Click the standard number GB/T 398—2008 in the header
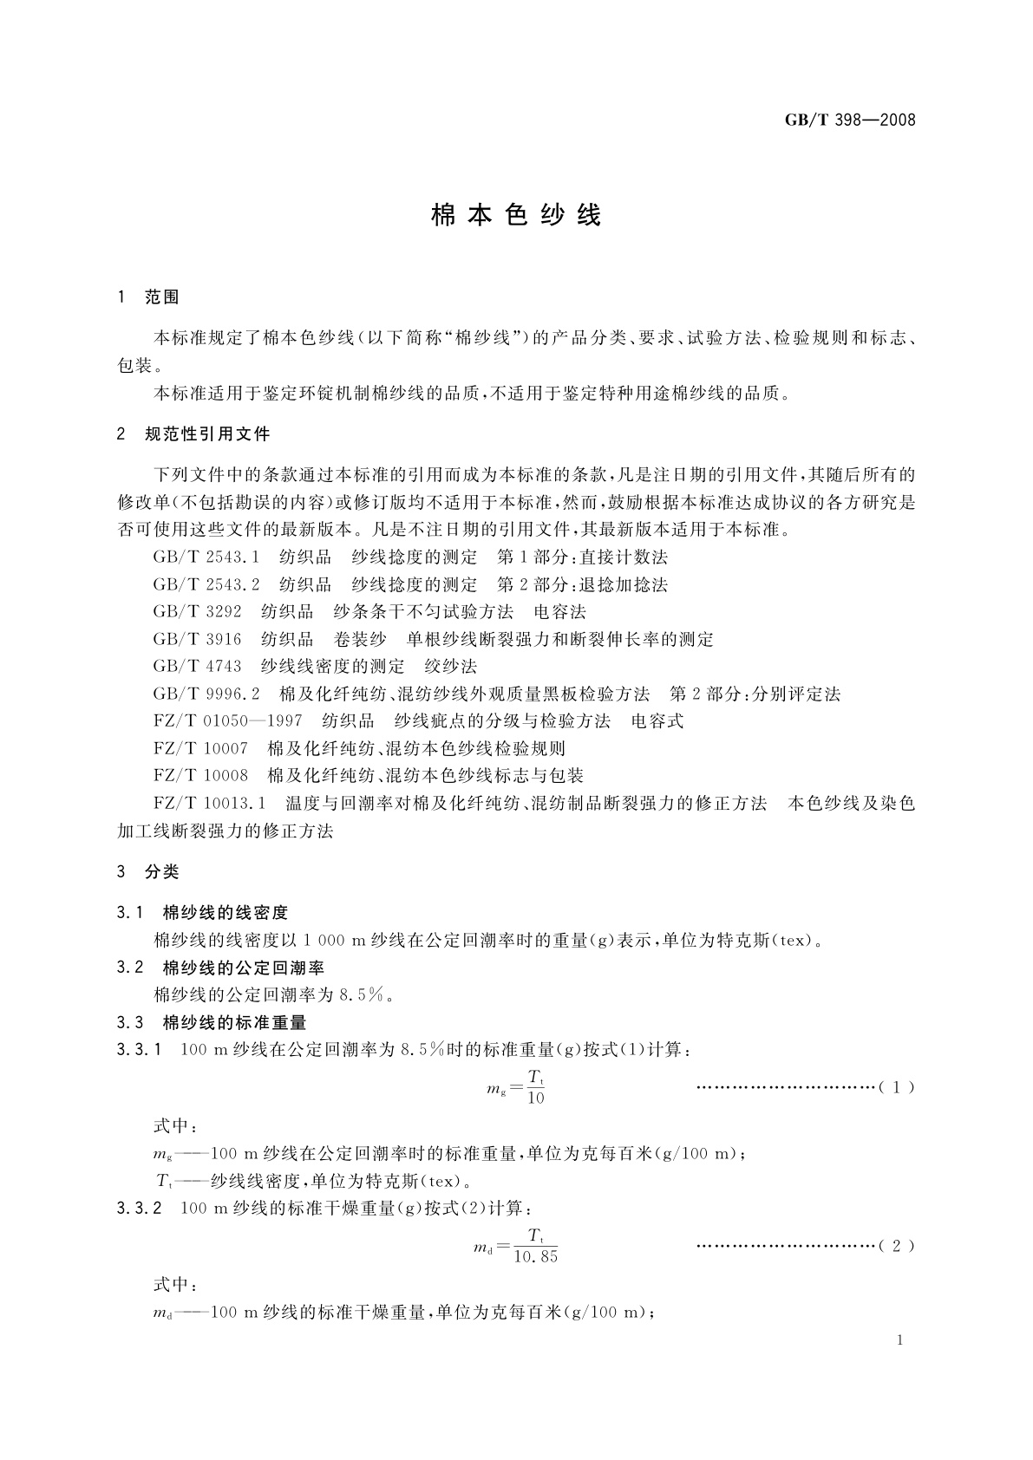click(x=850, y=121)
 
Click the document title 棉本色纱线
click(x=516, y=216)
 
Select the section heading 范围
click(x=162, y=297)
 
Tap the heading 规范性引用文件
click(x=207, y=433)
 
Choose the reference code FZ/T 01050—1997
click(x=227, y=721)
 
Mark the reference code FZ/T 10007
click(x=200, y=748)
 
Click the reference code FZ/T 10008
click(x=200, y=776)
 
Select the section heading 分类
click(x=162, y=872)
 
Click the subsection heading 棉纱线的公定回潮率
click(x=244, y=968)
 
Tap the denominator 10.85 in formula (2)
click(x=536, y=1257)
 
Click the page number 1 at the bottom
click(x=900, y=1340)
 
